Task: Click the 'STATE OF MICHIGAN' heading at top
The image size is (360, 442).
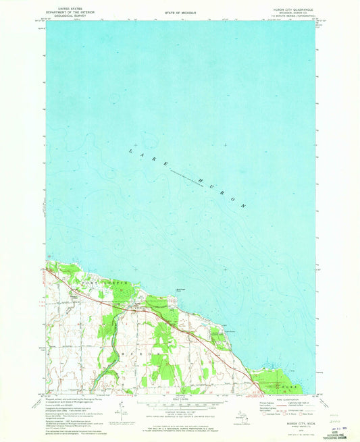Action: pyautogui.click(x=180, y=13)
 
